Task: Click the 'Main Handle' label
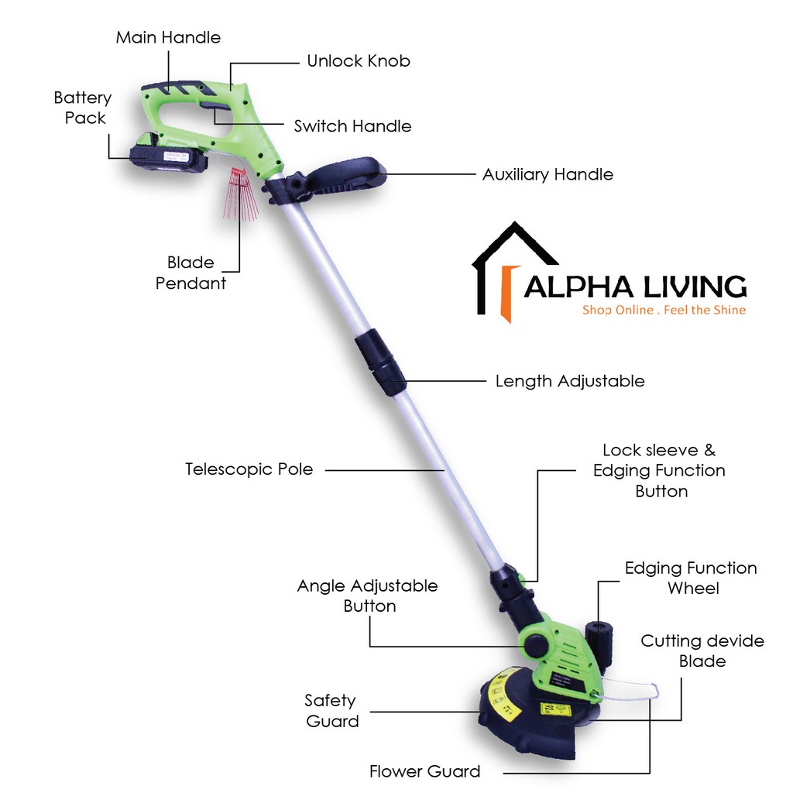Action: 168,37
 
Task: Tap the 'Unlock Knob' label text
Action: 358,60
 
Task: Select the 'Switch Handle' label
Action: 352,126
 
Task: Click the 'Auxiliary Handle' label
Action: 548,174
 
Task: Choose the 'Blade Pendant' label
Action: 191,273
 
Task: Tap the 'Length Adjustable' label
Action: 569,381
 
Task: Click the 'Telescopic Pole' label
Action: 249,469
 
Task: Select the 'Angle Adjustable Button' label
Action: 367,596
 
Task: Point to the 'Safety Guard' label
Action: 331,711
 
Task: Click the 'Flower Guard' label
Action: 424,771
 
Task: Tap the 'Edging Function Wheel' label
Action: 691,578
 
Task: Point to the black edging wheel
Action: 598,637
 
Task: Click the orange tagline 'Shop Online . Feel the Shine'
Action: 664,311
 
